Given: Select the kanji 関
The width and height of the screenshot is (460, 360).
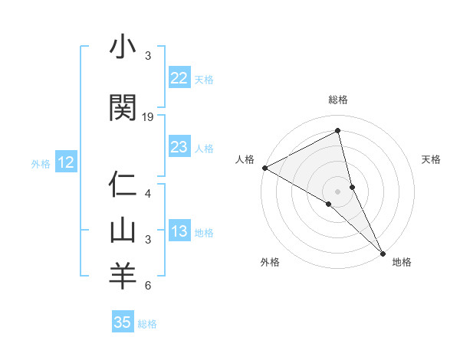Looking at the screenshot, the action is click(x=122, y=107).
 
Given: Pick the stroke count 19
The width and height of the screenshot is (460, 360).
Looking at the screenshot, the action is click(x=148, y=116).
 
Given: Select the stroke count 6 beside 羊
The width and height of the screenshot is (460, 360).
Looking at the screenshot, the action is click(x=147, y=286).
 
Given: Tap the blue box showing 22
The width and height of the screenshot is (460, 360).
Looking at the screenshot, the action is click(x=179, y=78).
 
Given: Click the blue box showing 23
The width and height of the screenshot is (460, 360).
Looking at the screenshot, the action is click(x=179, y=147).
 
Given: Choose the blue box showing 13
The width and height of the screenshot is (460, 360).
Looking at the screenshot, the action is click(x=179, y=232).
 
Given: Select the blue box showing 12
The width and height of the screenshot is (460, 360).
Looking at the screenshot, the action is click(x=65, y=162).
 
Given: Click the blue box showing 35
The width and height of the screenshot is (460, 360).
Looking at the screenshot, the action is click(x=123, y=322).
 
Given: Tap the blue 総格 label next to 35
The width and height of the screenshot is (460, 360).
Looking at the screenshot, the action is click(x=147, y=324).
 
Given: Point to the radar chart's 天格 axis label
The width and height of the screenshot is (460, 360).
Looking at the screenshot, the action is click(x=432, y=159).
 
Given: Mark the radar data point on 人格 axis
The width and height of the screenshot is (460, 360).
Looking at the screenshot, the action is click(x=264, y=168).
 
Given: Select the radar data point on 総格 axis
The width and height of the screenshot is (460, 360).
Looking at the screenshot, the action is click(x=338, y=131).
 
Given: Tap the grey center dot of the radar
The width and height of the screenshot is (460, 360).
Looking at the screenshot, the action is click(x=338, y=191).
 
